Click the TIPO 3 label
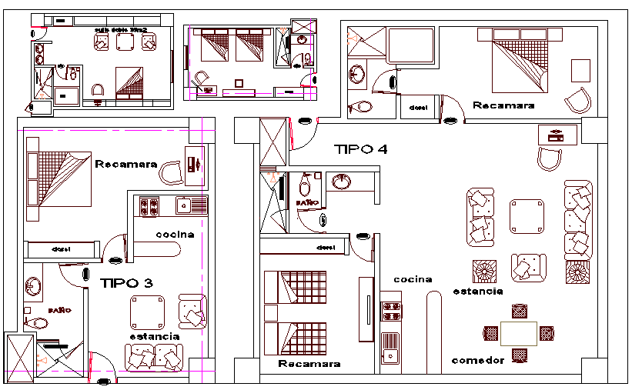[x=126, y=283]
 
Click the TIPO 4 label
[x=360, y=149]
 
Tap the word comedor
[x=478, y=360]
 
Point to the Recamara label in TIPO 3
[x=126, y=164]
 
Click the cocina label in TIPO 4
[x=413, y=279]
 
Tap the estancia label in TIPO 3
[x=154, y=336]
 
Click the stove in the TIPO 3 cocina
[x=148, y=206]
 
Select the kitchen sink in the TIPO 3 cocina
[x=185, y=205]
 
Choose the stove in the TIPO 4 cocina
[x=391, y=310]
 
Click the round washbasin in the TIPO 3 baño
[x=32, y=286]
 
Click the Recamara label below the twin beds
[x=309, y=364]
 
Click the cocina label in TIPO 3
[x=175, y=235]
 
